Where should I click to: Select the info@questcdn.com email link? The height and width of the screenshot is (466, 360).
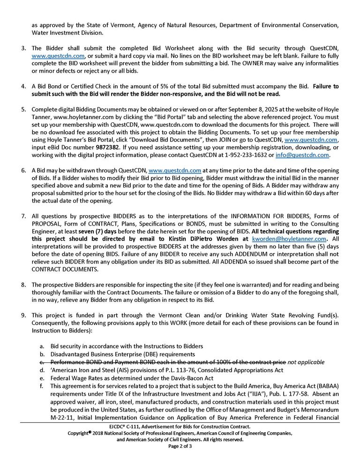tap(310, 155)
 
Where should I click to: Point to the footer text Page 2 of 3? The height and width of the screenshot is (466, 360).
tap(180, 446)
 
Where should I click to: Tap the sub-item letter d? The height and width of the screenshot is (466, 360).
tap(43, 370)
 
